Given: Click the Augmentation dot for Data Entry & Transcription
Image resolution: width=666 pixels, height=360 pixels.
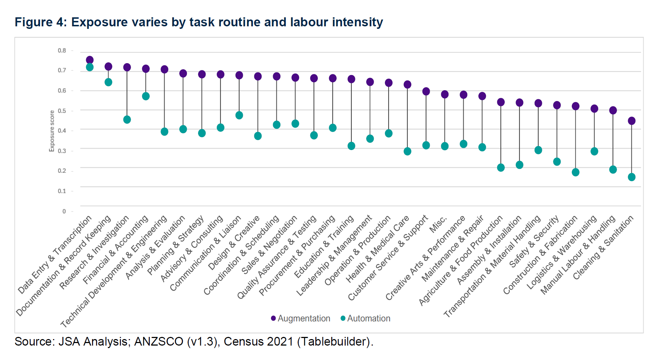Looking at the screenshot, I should pyautogui.click(x=90, y=60).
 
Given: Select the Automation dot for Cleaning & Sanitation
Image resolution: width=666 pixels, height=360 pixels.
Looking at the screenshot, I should pyautogui.click(x=631, y=177).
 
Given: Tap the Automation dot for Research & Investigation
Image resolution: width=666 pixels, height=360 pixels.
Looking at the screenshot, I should pyautogui.click(x=127, y=120).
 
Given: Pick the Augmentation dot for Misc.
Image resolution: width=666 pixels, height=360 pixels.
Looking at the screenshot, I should pyautogui.click(x=445, y=95).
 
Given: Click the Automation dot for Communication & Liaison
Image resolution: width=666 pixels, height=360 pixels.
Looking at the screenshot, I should pyautogui.click(x=239, y=115).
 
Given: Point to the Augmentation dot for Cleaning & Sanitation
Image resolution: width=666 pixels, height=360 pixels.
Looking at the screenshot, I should pyautogui.click(x=631, y=121).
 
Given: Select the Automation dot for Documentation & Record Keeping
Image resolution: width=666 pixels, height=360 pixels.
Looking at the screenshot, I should pyautogui.click(x=108, y=82).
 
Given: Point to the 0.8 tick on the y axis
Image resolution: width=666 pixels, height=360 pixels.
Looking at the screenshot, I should pyautogui.click(x=62, y=51).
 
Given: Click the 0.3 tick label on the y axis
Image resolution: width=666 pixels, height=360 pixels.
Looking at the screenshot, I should pyautogui.click(x=62, y=151).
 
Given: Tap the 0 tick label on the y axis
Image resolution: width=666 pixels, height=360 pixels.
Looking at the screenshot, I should pyautogui.click(x=64, y=211).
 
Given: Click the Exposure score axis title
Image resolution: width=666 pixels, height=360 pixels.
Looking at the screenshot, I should pyautogui.click(x=52, y=131).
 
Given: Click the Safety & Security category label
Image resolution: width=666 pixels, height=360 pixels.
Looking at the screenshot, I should pyautogui.click(x=534, y=242).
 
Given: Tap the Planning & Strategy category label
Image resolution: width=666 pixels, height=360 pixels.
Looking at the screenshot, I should pyautogui.click(x=176, y=245).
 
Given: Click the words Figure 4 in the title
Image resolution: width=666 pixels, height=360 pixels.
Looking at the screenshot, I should pyautogui.click(x=39, y=22).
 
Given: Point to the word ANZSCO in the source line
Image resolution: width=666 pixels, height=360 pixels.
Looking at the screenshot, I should pyautogui.click(x=159, y=342).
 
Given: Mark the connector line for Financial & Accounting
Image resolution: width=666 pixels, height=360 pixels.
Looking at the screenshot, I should pyautogui.click(x=146, y=83).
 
